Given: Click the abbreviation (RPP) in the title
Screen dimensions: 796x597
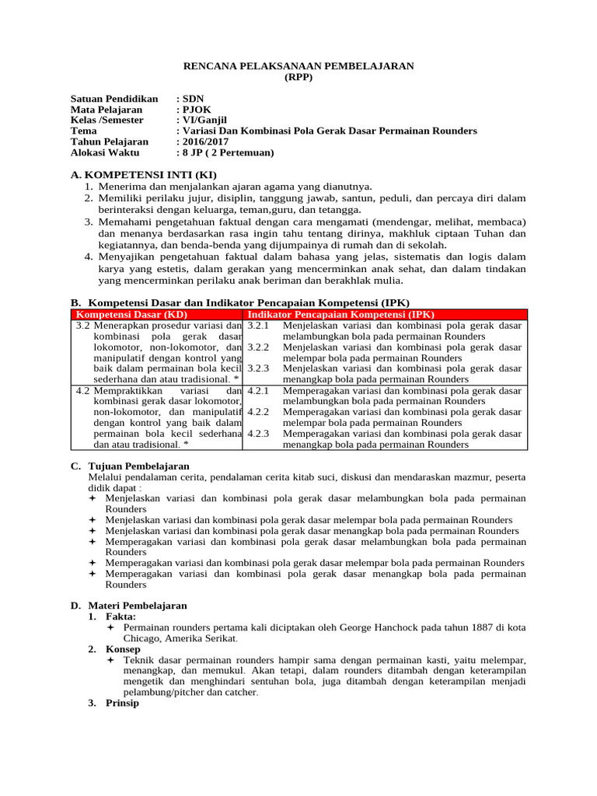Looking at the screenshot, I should (x=298, y=78).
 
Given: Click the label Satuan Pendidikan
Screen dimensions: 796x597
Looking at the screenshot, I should (x=114, y=99).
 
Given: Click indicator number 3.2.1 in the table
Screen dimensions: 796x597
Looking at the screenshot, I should (x=258, y=325).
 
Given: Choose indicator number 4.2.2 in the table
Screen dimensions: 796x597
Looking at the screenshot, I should (x=258, y=412).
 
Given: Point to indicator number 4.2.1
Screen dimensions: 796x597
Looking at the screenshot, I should (x=258, y=390).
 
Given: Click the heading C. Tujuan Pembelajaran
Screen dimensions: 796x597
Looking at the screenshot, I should (x=130, y=465).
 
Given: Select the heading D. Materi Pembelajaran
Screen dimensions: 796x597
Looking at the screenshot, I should (x=129, y=605).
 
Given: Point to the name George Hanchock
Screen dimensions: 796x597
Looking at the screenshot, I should (x=356, y=627).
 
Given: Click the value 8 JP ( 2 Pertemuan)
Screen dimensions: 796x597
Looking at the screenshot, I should (x=227, y=153).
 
